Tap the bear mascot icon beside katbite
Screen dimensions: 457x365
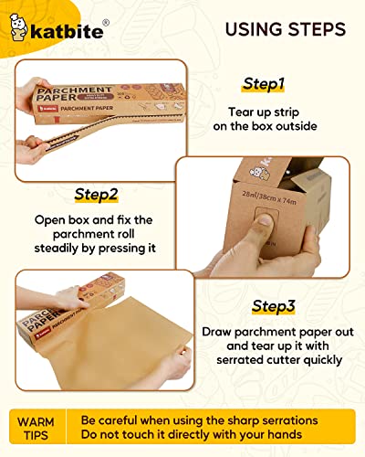pos(21,30)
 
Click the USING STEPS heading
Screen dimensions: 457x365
pos(273,29)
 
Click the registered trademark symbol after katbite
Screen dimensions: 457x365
pos(109,21)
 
